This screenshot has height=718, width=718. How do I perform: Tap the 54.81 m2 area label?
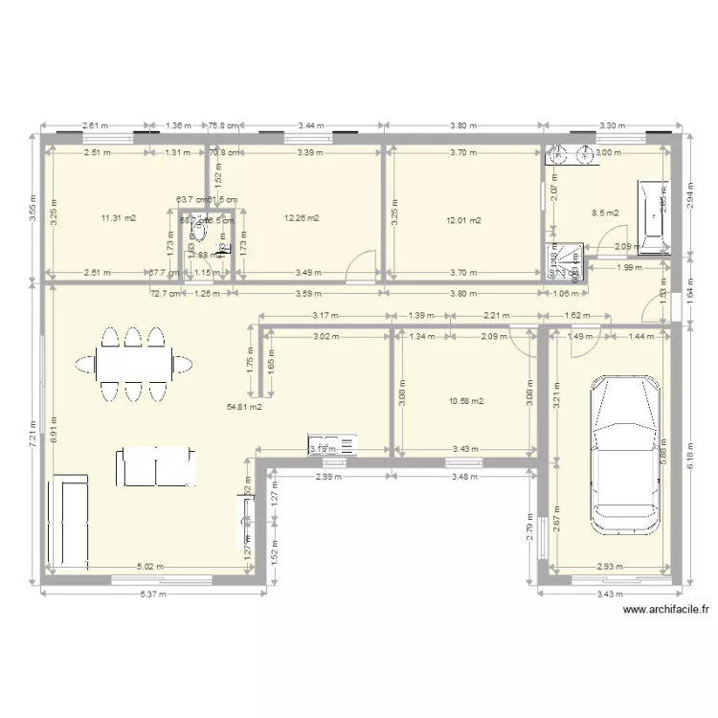pyautogui.click(x=243, y=407)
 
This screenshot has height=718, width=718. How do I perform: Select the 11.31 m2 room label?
pyautogui.click(x=118, y=218)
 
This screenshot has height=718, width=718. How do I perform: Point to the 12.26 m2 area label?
pyautogui.click(x=301, y=218)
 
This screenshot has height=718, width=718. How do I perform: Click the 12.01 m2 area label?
pyautogui.click(x=463, y=221)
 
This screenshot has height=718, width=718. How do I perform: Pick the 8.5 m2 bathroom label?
pyautogui.click(x=605, y=213)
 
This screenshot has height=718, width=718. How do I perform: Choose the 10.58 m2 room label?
pyautogui.click(x=465, y=401)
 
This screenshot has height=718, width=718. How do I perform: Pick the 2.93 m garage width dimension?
pyautogui.click(x=609, y=567)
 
